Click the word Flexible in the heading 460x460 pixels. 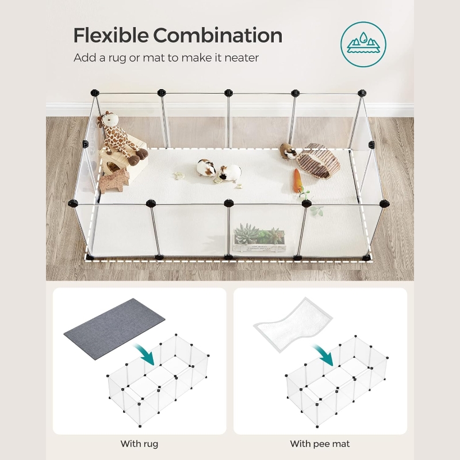(x=110, y=35)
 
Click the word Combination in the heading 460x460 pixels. (x=218, y=35)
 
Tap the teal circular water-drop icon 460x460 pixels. (x=363, y=44)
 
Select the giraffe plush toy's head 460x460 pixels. (x=109, y=120)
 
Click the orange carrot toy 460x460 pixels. (x=297, y=181)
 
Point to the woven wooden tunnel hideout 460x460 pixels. (x=318, y=161)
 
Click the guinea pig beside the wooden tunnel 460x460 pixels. (x=287, y=151)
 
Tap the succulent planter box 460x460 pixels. (x=259, y=238)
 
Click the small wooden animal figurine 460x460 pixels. (x=114, y=180)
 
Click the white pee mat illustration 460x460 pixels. (x=293, y=324)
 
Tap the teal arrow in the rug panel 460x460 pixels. (x=145, y=354)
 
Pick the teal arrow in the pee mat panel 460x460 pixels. (x=324, y=355)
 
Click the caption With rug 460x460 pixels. (x=139, y=443)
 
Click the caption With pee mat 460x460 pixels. (x=320, y=443)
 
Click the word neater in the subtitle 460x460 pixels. (x=241, y=58)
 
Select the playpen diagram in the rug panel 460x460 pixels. (x=158, y=380)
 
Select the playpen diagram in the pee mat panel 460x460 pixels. (x=337, y=381)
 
